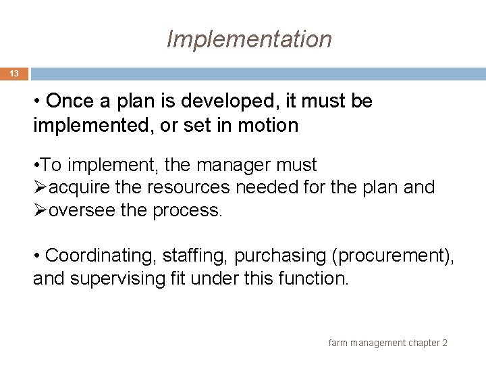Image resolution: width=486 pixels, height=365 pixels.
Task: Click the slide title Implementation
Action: (249, 39)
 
